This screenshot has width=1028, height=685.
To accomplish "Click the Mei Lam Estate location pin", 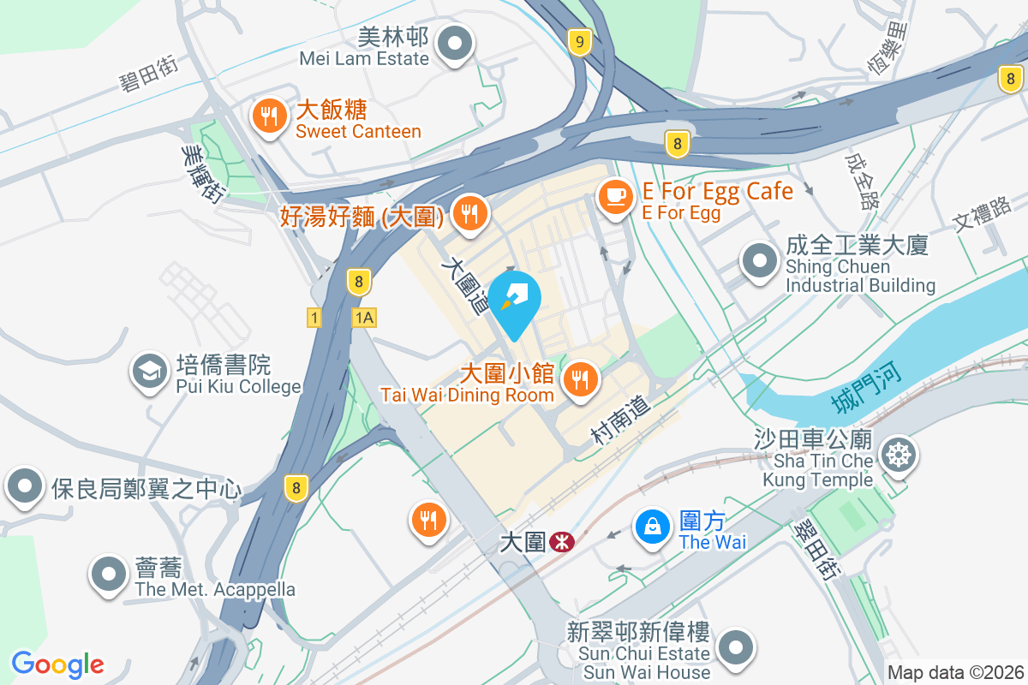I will point(456,44).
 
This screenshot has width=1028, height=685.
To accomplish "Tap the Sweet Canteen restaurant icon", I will point(271,117).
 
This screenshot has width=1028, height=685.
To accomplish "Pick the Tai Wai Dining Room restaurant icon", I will point(581,377).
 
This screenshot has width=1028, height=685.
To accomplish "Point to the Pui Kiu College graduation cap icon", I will point(149,372).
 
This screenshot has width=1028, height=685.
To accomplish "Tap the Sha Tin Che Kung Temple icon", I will point(898,454).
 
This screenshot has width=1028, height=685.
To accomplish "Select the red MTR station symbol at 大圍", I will point(563,542).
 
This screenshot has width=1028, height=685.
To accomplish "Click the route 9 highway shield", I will point(581,41).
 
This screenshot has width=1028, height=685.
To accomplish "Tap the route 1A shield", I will point(363,318).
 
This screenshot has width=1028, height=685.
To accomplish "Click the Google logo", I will point(57,664).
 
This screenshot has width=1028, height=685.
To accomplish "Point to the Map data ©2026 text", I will point(956,673).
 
